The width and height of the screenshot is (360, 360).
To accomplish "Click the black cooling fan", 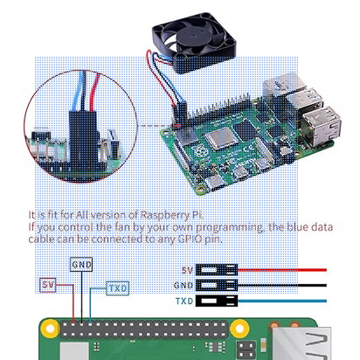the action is (x=194, y=42).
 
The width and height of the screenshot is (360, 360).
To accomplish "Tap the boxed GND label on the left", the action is (x=81, y=265).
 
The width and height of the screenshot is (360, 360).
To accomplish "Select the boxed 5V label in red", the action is (x=48, y=285).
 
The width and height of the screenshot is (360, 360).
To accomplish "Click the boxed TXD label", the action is (x=118, y=288).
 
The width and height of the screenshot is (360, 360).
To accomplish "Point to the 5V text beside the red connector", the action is (x=188, y=270).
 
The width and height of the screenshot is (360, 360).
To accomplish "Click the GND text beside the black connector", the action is (x=183, y=286).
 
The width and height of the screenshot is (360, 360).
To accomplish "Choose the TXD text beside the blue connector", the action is (x=184, y=301).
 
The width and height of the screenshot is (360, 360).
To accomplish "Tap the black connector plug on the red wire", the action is (x=217, y=270).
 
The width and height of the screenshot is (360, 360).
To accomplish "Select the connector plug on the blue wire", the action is (x=217, y=301).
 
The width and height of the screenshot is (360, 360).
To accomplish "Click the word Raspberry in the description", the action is (x=165, y=215).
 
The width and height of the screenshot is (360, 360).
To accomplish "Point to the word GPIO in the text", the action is (x=190, y=239).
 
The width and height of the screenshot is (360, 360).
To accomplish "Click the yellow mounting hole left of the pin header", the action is (x=50, y=329).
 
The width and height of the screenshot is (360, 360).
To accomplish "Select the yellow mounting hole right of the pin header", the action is (x=239, y=329).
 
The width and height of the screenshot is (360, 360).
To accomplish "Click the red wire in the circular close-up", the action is (x=94, y=92).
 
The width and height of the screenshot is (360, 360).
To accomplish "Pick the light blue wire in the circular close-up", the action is (x=78, y=91).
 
